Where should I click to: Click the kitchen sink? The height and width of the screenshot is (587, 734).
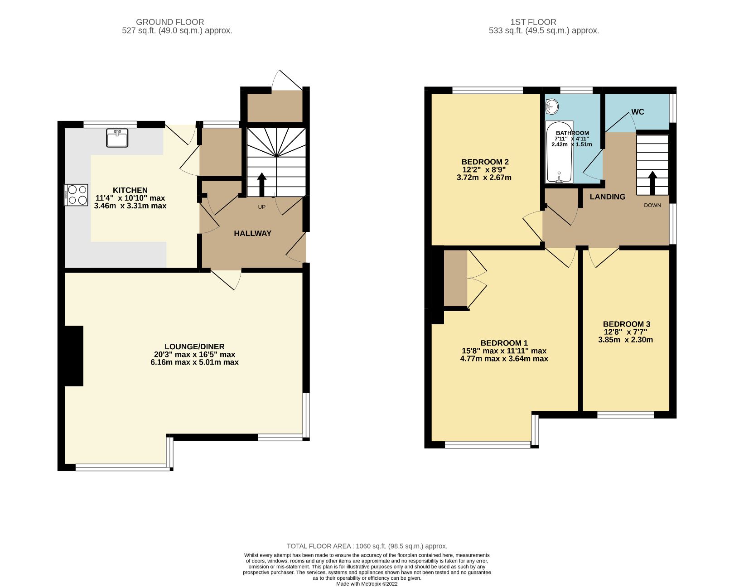117,138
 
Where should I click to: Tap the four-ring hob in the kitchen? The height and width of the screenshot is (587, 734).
76,195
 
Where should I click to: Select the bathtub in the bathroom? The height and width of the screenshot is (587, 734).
559,152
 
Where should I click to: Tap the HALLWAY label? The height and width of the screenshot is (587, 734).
253,233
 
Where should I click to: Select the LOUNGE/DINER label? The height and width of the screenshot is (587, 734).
194,346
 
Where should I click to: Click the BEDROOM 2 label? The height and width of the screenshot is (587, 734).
485,162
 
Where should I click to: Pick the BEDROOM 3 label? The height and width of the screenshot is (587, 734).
627,324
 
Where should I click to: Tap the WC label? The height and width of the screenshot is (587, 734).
638,112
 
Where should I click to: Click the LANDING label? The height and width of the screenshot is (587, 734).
608,197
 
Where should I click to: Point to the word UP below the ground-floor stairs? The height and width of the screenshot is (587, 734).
261,207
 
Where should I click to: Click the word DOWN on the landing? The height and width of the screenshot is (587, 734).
652,205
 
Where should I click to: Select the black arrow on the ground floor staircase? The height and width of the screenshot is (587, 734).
262,184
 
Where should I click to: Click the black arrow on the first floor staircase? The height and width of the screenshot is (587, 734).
652,183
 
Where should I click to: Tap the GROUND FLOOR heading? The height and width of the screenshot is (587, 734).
170,22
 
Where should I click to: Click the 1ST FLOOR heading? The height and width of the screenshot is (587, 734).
533,22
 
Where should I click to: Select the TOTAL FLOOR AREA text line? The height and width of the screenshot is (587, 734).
367,546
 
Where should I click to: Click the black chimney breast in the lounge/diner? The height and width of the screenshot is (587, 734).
74,356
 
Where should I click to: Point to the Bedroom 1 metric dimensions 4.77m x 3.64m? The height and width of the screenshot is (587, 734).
504,359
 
